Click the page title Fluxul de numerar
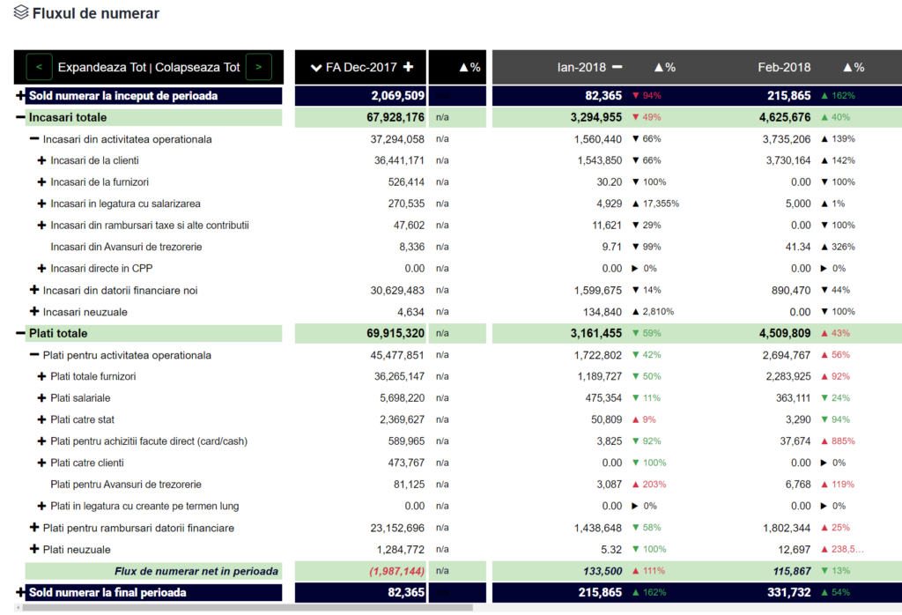tap(95, 14)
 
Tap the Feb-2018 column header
tap(784, 67)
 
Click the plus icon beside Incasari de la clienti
tap(41, 160)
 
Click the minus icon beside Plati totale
tap(20, 334)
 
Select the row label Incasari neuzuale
tap(85, 312)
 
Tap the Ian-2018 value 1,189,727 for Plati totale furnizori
tap(596, 377)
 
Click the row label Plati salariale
tap(80, 398)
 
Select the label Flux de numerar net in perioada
tap(196, 572)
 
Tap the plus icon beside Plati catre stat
tap(41, 420)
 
